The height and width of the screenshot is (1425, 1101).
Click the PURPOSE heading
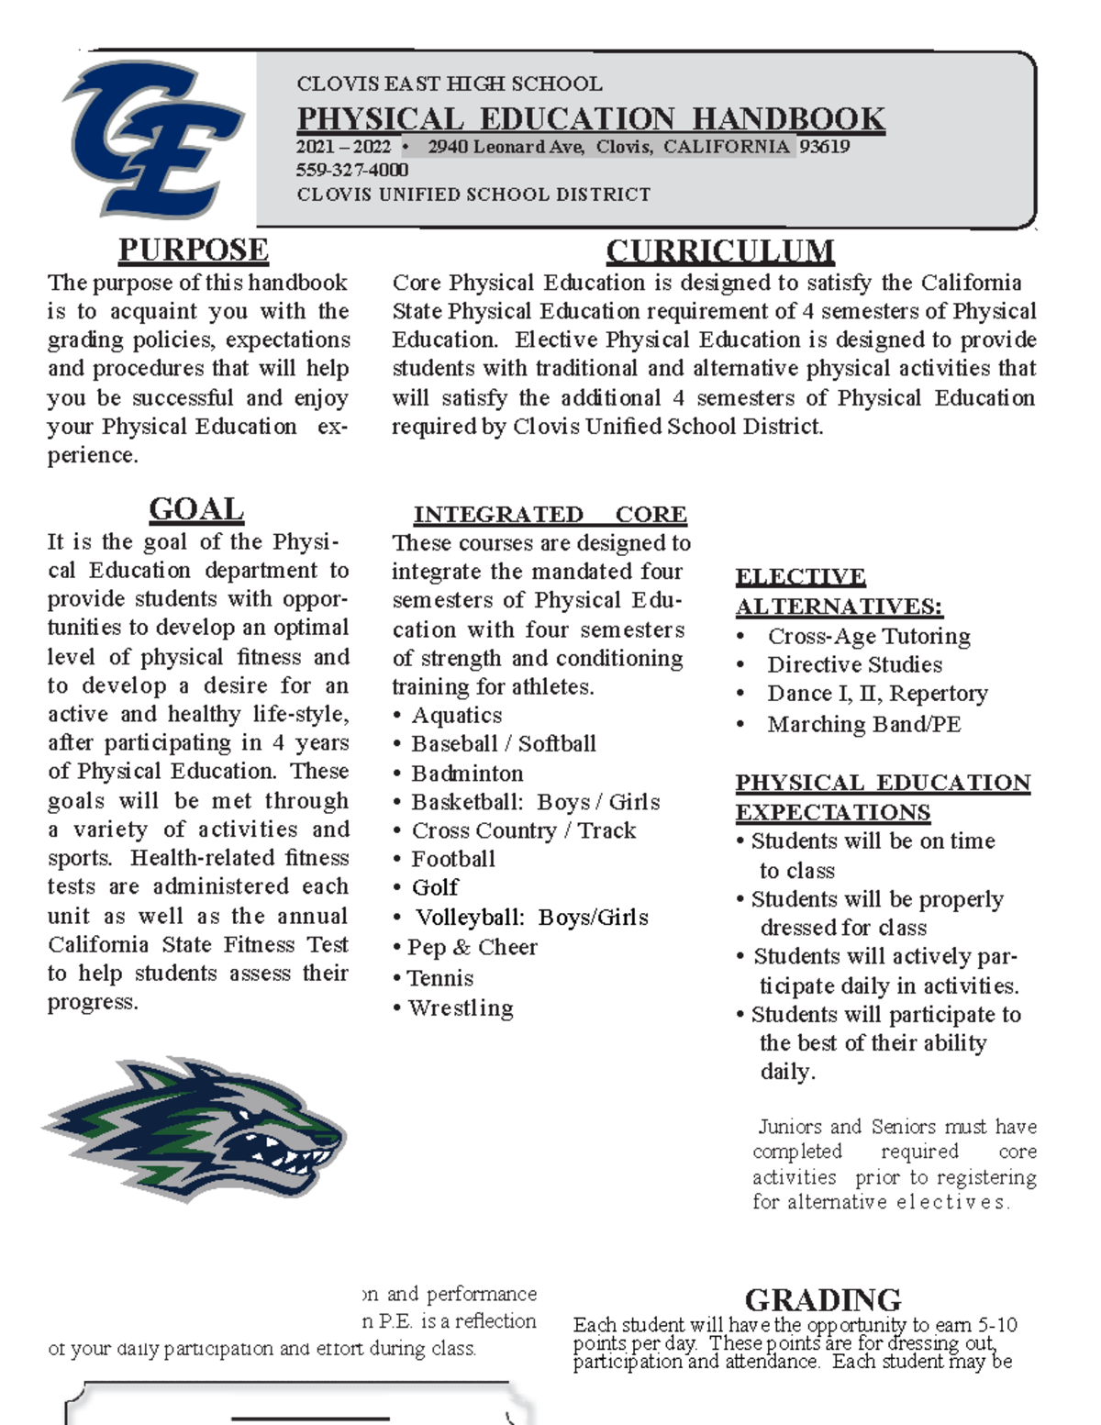pyautogui.click(x=193, y=250)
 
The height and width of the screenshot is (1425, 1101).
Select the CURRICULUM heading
pyautogui.click(x=719, y=250)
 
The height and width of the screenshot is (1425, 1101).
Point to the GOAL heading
pyautogui.click(x=195, y=509)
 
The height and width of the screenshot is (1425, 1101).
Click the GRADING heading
pyautogui.click(x=822, y=1299)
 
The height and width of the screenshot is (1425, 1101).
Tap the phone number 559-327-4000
pyautogui.click(x=352, y=170)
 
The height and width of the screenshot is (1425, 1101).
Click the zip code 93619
pyautogui.click(x=824, y=147)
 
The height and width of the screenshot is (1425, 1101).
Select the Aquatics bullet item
pyautogui.click(x=456, y=715)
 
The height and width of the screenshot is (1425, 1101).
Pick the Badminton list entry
pyautogui.click(x=467, y=773)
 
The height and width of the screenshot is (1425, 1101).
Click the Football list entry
pyautogui.click(x=452, y=859)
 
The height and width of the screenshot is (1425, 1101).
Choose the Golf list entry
pyautogui.click(x=435, y=887)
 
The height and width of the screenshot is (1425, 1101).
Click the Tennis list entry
pyautogui.click(x=439, y=978)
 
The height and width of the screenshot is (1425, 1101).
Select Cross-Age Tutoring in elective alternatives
pyautogui.click(x=868, y=636)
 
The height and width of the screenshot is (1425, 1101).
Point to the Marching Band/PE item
pyautogui.click(x=863, y=724)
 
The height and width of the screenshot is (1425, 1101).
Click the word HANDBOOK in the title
pyautogui.click(x=788, y=119)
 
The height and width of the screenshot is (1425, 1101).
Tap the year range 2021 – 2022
pyautogui.click(x=343, y=147)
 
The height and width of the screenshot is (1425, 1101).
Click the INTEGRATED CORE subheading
pyautogui.click(x=550, y=514)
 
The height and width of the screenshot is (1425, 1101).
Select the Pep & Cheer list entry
pyautogui.click(x=472, y=947)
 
